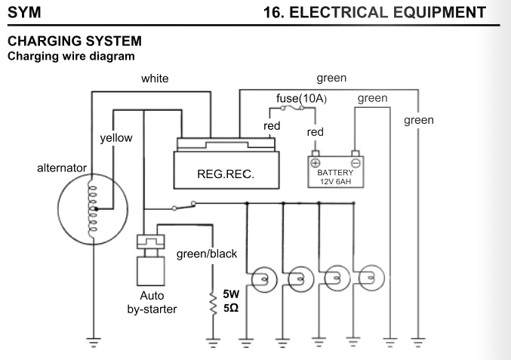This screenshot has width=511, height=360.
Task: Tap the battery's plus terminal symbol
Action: coord(316,162)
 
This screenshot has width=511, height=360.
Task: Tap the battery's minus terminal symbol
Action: coord(356,162)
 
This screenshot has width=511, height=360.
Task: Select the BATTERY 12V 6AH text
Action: coord(335,177)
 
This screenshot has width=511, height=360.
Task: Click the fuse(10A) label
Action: coord(301,99)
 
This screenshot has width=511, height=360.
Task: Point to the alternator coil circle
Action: coord(91,212)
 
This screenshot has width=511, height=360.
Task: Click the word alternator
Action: coord(62,168)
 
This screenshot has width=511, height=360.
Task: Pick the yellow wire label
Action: coord(115,138)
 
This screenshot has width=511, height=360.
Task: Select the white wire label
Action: coord(155,78)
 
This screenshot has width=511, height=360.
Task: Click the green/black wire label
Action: coord(206,254)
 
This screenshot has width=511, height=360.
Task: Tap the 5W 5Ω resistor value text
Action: coord(231,302)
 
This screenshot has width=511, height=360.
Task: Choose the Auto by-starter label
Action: coord(152,302)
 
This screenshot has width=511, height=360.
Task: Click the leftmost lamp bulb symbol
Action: coord(263,279)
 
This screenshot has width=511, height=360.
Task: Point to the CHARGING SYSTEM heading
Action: coord(74,42)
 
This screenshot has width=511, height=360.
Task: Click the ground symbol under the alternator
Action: coord(92,342)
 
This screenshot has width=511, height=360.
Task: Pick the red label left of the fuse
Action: coord(272,126)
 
